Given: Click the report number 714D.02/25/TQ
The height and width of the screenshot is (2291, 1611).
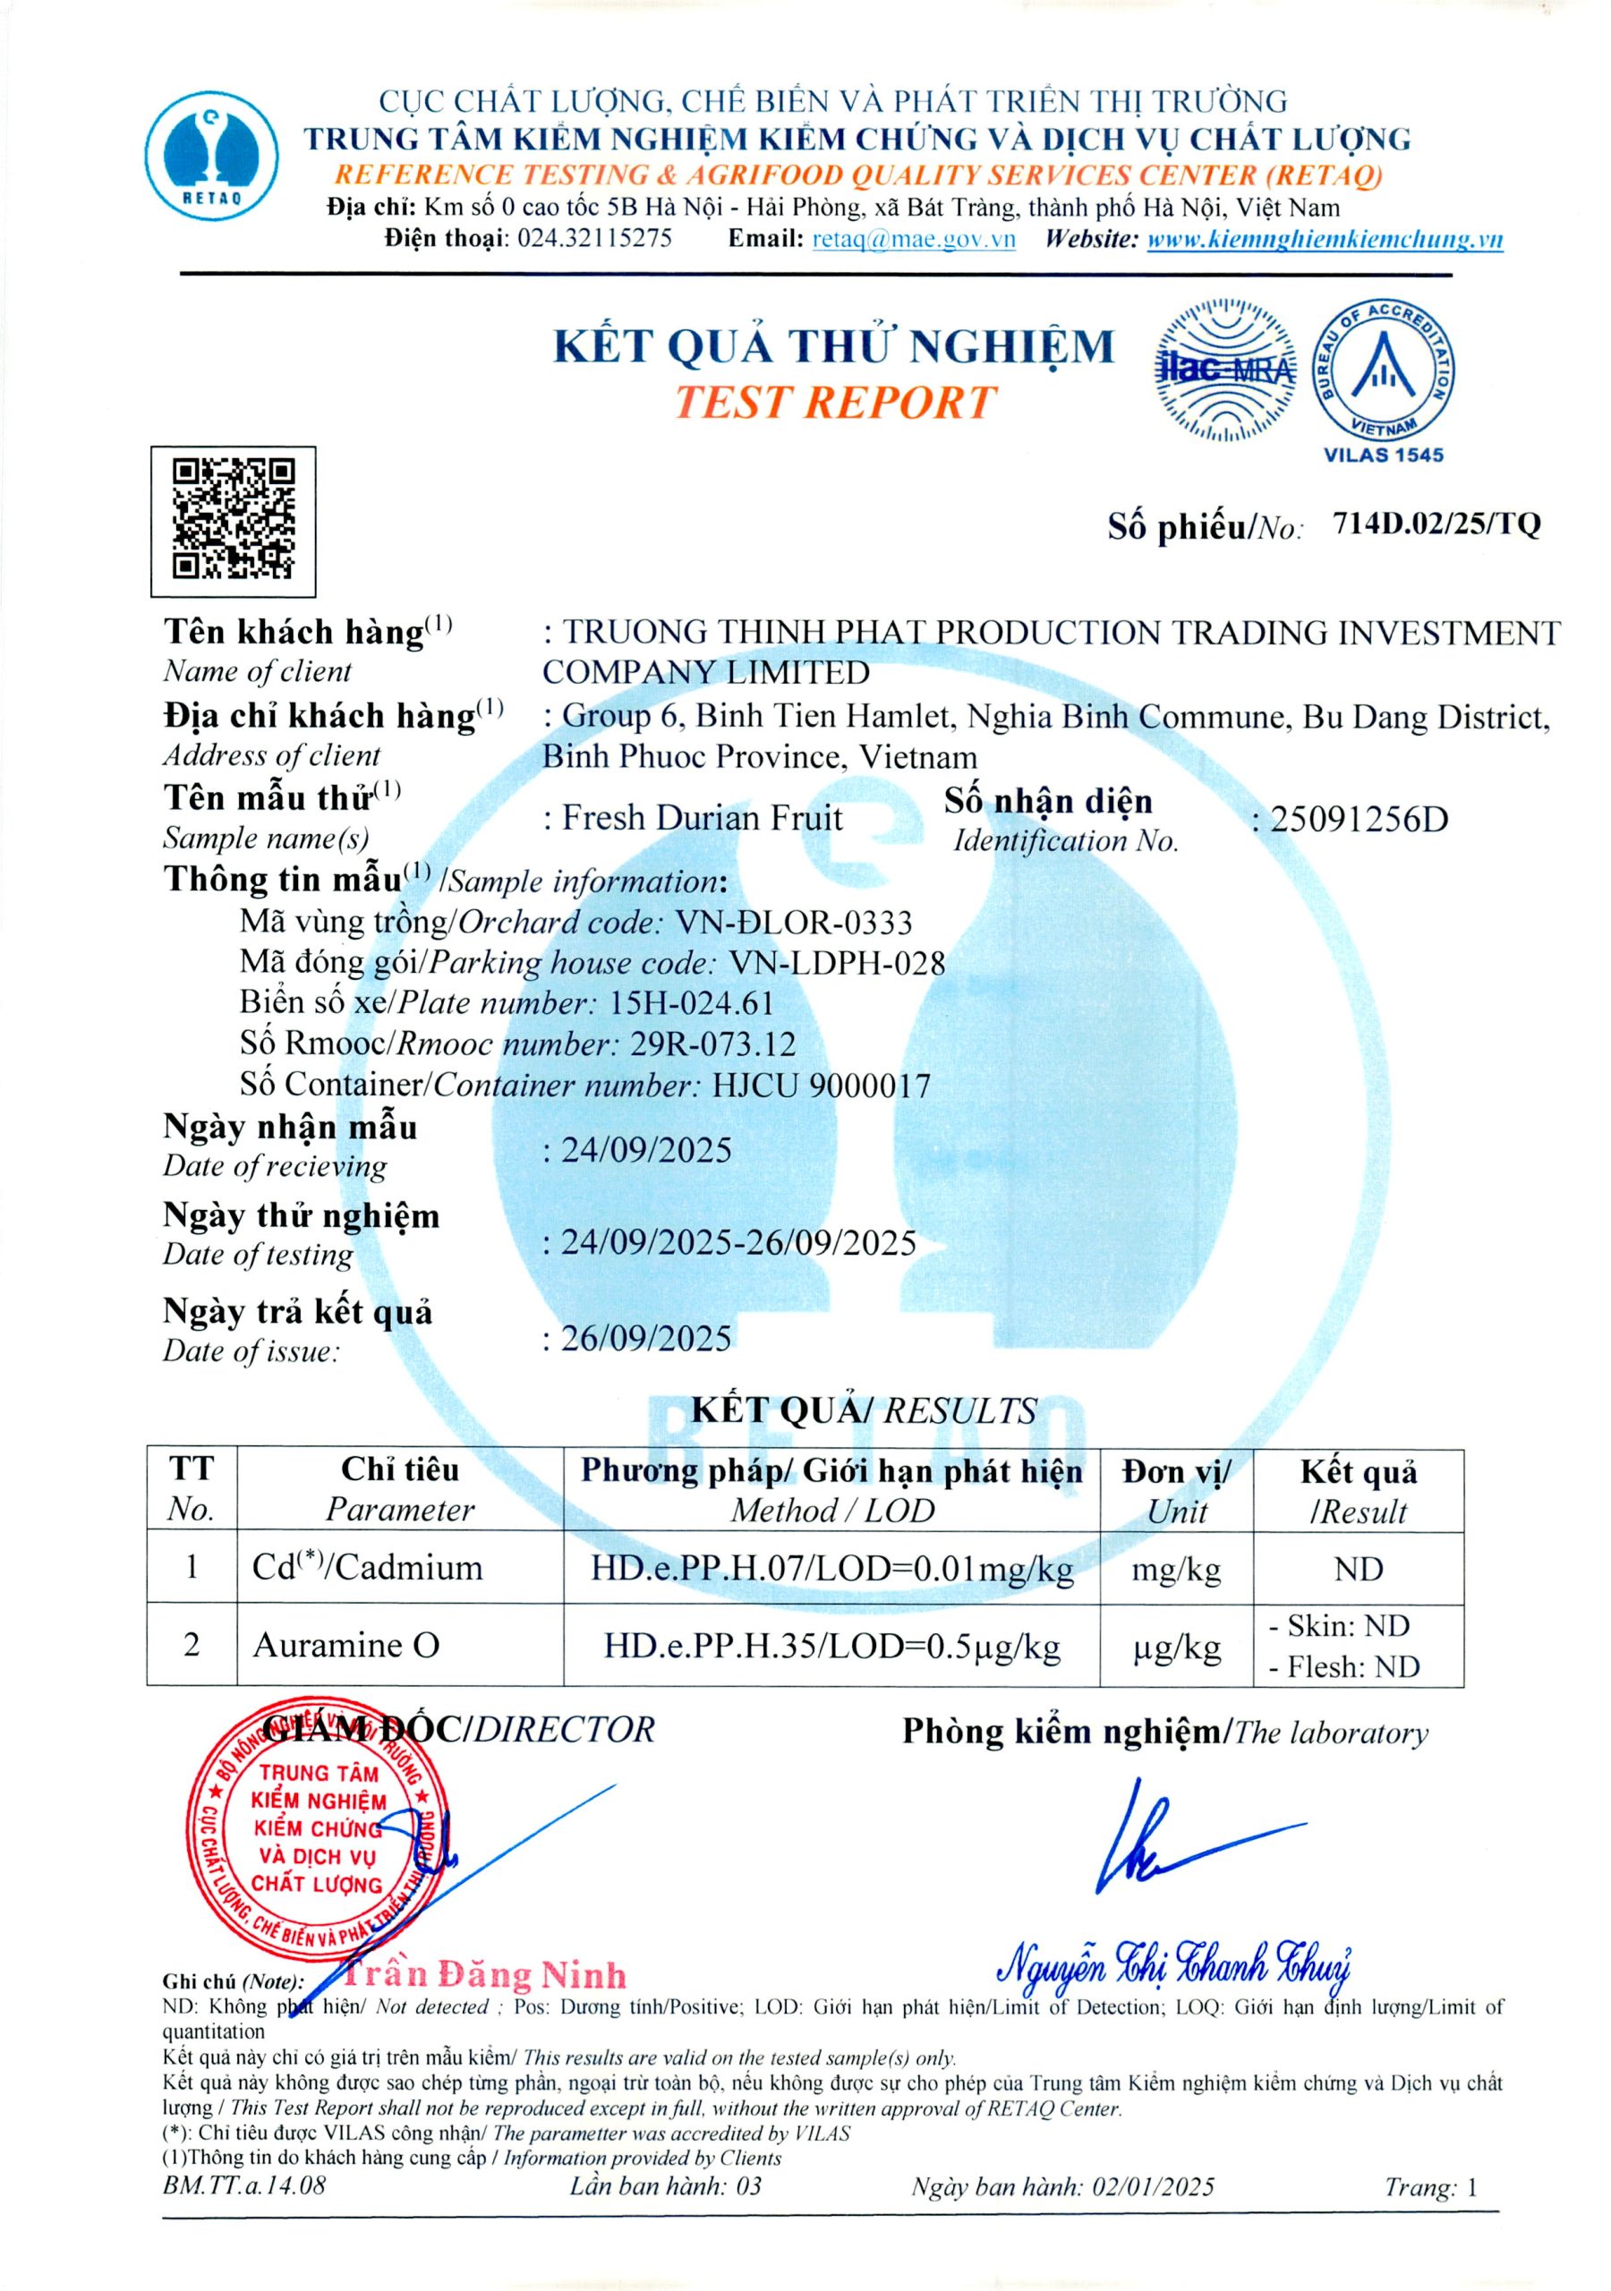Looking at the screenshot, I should (1436, 524).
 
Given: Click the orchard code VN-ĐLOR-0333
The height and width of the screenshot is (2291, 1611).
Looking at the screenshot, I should (794, 922).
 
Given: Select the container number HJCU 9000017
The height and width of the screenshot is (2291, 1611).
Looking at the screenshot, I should (822, 1085).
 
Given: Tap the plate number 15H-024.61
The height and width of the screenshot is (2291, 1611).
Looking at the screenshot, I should (692, 1003).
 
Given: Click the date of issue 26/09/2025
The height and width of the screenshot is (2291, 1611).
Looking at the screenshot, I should (646, 1338).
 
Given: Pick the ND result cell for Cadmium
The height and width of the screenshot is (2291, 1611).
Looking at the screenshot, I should (1358, 1570).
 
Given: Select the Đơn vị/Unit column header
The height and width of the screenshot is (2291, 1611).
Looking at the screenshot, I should (1176, 1491).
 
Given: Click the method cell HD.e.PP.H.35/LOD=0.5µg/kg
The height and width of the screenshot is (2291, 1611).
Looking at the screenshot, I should (831, 1646).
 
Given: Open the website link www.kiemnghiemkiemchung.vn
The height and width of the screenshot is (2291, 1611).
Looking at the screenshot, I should (1325, 240).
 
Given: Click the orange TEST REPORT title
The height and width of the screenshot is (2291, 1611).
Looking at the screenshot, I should (834, 402).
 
